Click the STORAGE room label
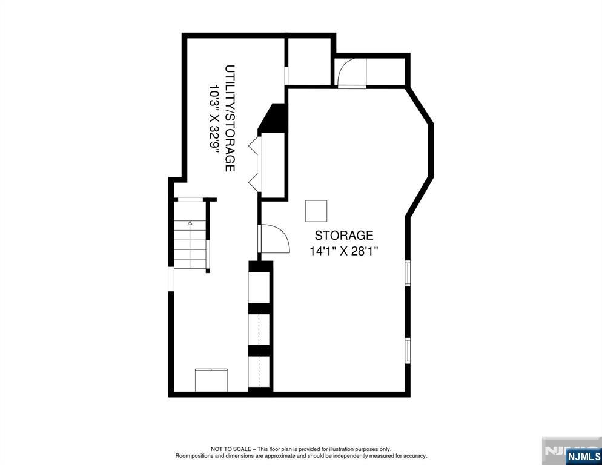coord(343,236)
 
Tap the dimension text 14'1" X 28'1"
coord(343,251)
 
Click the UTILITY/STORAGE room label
coord(230,118)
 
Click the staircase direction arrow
coord(190,223)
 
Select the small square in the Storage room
coord(316,211)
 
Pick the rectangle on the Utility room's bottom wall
coord(211,380)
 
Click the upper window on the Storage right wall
coord(408,272)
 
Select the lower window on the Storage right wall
coord(408,349)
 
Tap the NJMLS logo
coord(583,455)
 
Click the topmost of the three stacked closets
coord(260,287)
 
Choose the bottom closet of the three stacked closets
coord(260,371)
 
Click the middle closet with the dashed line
coord(260,329)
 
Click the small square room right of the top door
coord(386,71)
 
